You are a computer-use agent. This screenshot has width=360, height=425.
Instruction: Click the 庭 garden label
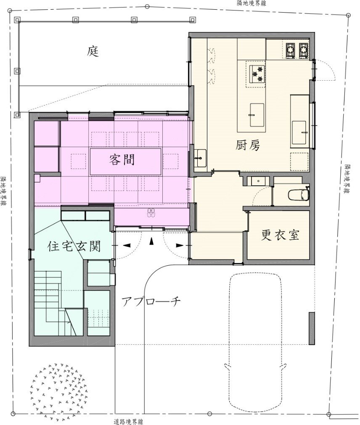pyautogui.click(x=93, y=51)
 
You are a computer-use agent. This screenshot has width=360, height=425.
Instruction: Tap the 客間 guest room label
pyautogui.click(x=122, y=160)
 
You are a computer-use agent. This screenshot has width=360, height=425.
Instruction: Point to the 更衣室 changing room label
pyautogui.click(x=280, y=235)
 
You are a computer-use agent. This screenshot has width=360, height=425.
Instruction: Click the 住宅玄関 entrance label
pyautogui.click(x=74, y=246)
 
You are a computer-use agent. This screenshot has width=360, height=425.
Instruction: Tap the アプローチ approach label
pyautogui.click(x=151, y=301)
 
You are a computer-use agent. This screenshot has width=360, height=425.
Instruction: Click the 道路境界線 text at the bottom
pyautogui.click(x=128, y=422)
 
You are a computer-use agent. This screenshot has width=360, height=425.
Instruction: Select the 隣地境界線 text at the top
pyautogui.click(x=251, y=3)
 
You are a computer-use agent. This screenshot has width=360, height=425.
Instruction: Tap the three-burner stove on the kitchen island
pyautogui.click(x=256, y=74)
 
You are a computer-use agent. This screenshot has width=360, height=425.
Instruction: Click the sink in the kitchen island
pyautogui.click(x=257, y=115)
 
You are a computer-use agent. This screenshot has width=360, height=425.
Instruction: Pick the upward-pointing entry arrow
pyautogui.click(x=152, y=241)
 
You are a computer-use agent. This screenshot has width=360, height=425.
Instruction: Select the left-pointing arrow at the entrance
pyautogui.click(x=127, y=245)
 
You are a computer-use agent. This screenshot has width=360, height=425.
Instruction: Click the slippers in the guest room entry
pyautogui.click(x=151, y=213)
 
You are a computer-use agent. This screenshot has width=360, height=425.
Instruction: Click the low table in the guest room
pyautogui.click(x=126, y=161)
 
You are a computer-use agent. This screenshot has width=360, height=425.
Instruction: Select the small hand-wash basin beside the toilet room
pyautogui.click(x=258, y=181)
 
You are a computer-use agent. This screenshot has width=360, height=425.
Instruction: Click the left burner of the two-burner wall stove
pyautogui.click(x=291, y=50)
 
